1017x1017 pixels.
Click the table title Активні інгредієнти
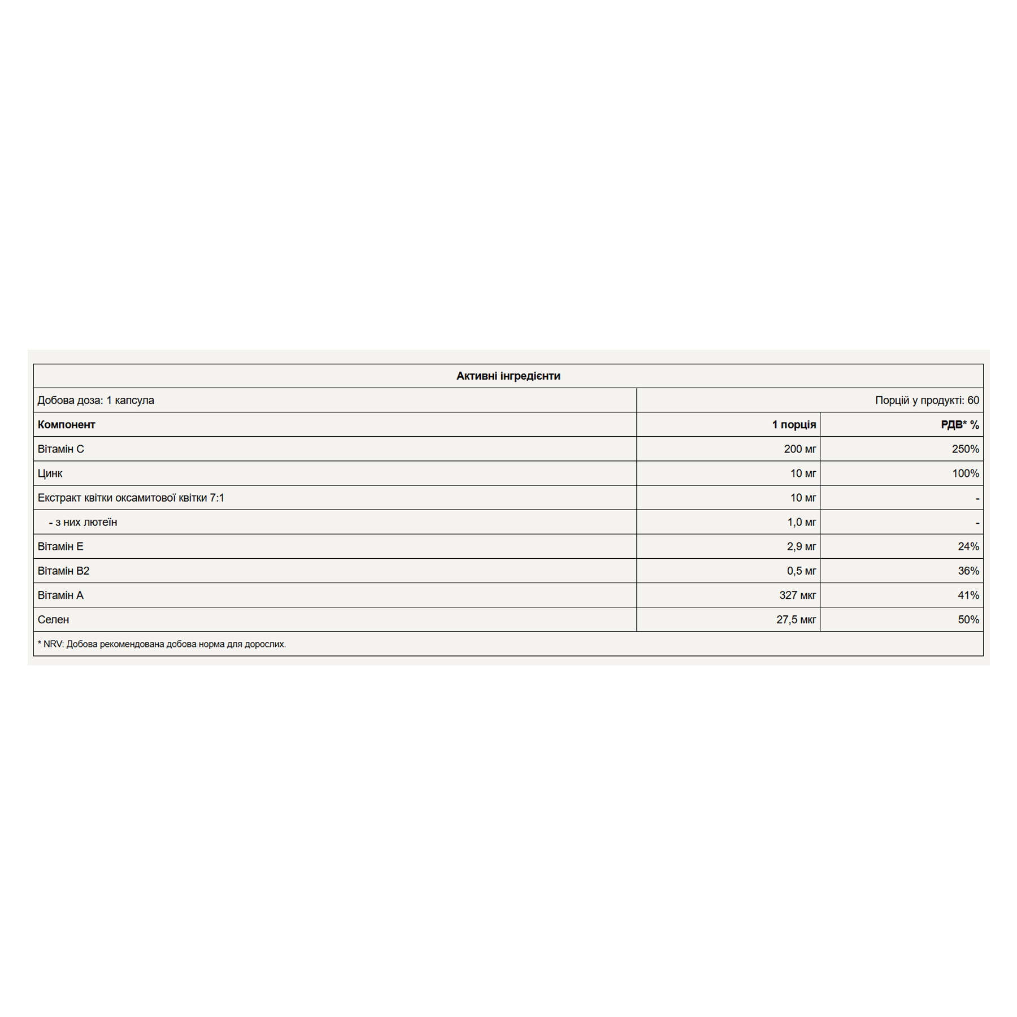(508, 376)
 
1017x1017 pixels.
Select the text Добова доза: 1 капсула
(95, 400)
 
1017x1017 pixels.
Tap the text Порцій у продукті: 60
(927, 400)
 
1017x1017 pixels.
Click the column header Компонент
(66, 424)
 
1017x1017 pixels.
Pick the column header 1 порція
(793, 424)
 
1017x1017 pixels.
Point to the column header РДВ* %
(959, 424)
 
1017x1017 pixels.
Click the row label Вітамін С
(60, 449)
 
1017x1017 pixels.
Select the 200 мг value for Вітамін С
(799, 449)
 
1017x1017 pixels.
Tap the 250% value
(965, 449)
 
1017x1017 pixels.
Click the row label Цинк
(50, 473)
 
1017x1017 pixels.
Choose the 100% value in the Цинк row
(965, 473)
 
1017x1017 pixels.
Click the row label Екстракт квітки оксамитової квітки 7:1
(131, 497)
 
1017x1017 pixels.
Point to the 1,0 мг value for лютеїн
(801, 521)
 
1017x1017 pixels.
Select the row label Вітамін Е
(60, 546)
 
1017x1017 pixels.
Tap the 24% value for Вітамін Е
(968, 546)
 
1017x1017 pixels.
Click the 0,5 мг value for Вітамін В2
(801, 571)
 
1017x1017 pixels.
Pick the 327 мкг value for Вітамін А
(797, 595)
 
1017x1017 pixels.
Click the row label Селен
(53, 619)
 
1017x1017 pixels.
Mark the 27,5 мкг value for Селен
(796, 619)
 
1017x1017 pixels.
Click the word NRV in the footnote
(53, 644)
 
